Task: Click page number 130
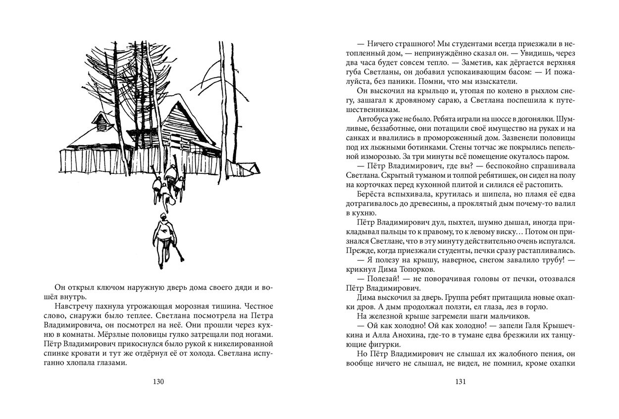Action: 158,381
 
